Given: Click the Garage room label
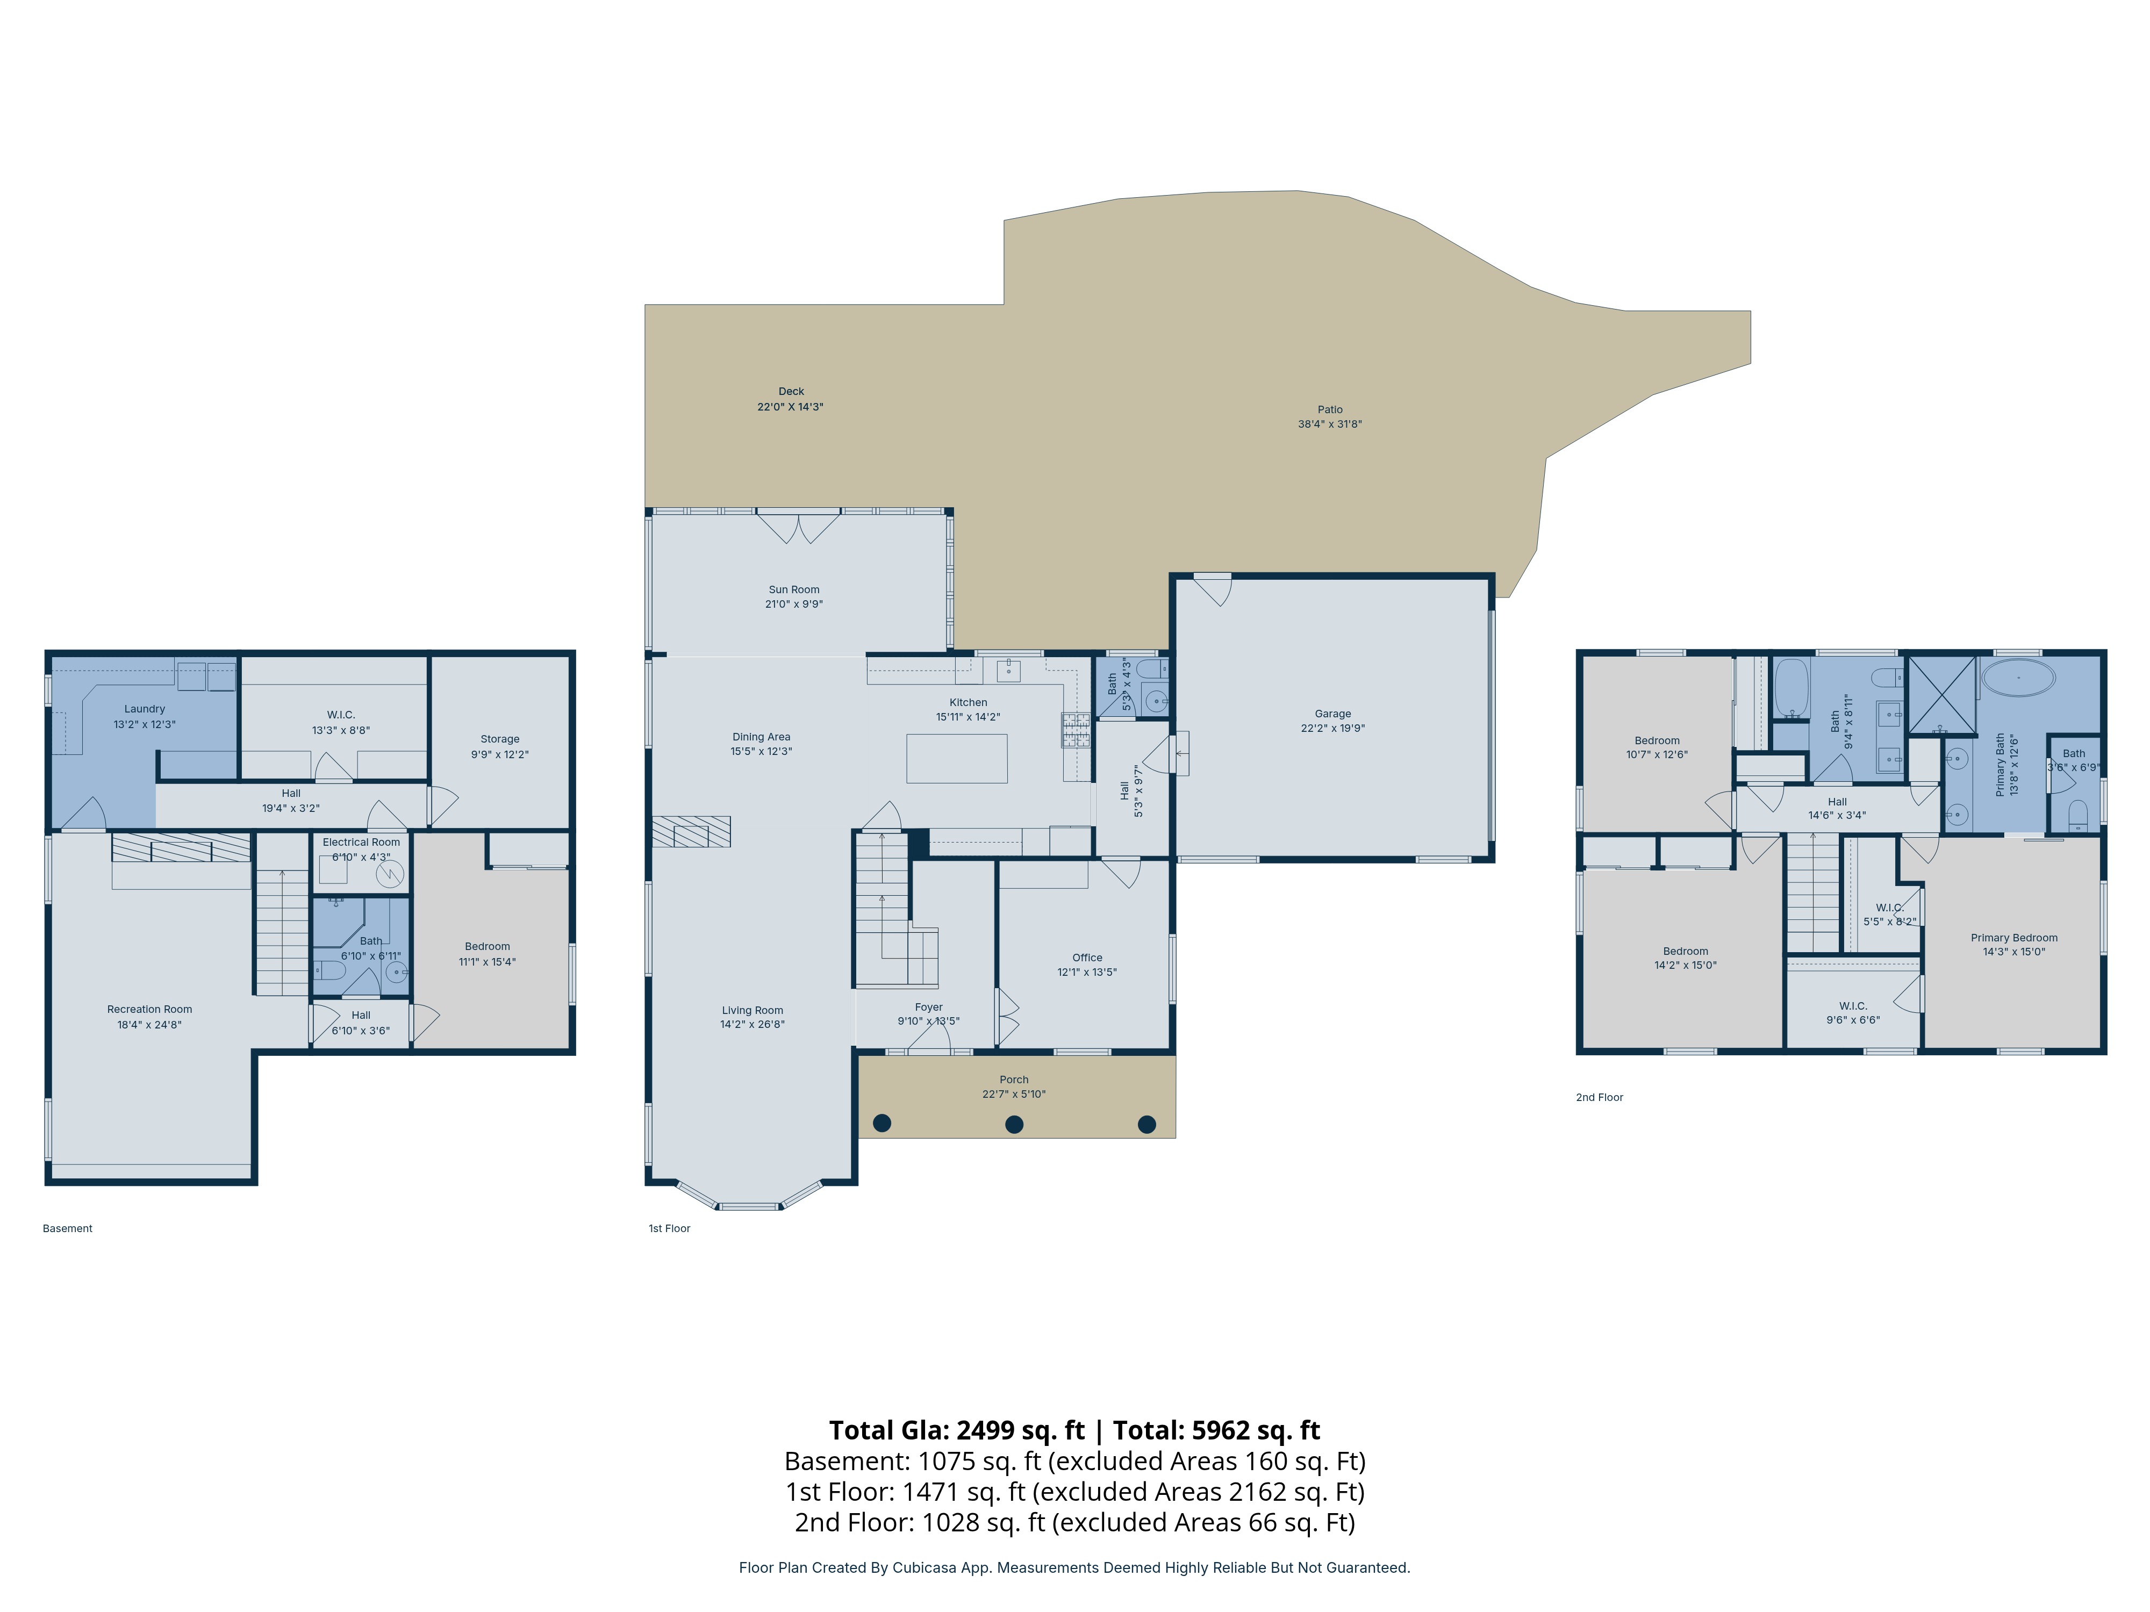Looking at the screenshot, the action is (1332, 713).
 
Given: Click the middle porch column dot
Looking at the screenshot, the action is (1014, 1124).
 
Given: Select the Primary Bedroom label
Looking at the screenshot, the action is (2014, 938).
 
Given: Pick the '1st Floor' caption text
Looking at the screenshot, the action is (670, 1228).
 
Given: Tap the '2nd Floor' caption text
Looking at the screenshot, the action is (1600, 1097).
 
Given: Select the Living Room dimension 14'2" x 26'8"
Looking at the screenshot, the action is (752, 1024).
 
